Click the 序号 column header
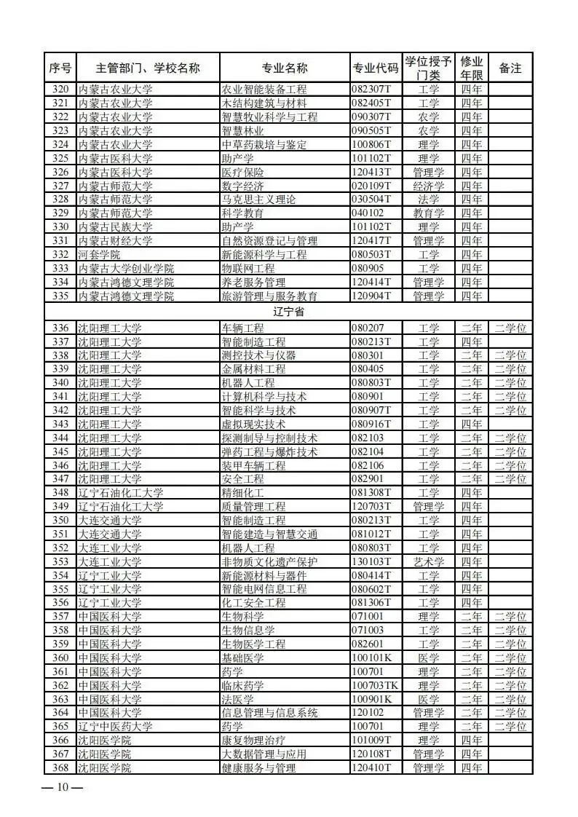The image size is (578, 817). pos(60,68)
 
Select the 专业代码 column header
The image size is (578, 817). pos(375,68)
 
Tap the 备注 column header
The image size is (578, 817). pos(510,68)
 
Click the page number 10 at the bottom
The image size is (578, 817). pos(63,787)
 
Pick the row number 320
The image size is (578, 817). pos(60,90)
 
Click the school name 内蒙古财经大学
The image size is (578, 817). pos(115,241)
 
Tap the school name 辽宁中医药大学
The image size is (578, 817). pos(115,727)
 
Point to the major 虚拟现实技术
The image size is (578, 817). pos(253,425)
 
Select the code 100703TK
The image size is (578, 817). pos(375,686)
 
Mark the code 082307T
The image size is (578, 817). pos(371,90)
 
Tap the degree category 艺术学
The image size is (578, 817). pos(429,562)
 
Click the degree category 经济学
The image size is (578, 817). pos(429,186)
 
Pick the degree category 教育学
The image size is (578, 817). pos(429,213)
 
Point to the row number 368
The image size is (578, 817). pos(60,768)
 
